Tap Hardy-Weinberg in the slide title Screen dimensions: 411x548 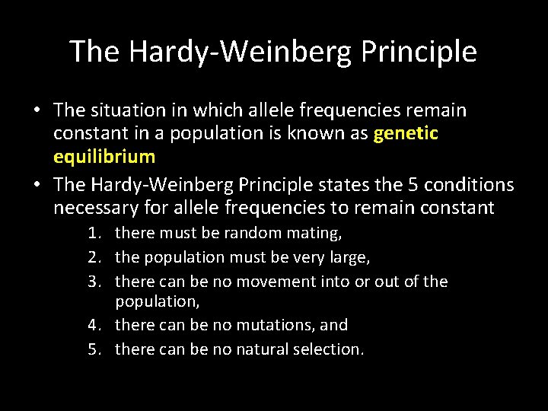click(x=241, y=52)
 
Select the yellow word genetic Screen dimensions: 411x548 click(x=406, y=134)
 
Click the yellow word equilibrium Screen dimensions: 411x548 click(x=104, y=158)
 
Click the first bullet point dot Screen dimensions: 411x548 click(x=37, y=111)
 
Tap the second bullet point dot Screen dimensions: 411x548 click(x=37, y=185)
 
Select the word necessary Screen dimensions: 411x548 click(x=96, y=208)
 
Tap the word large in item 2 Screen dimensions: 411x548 click(x=349, y=258)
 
